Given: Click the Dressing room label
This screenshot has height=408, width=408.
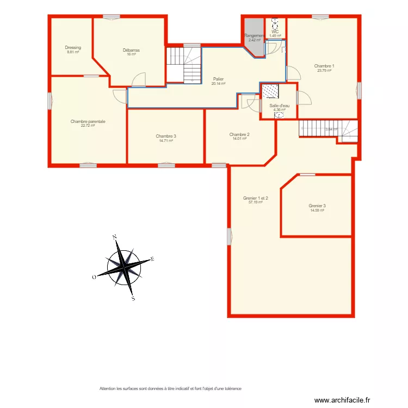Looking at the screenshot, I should point(73,48).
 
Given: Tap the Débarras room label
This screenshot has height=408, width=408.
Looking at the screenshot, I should point(131,50).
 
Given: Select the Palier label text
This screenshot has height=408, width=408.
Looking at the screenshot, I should point(218,79).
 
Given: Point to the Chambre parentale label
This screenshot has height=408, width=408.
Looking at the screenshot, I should point(88,121).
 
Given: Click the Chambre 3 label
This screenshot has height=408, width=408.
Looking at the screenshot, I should point(166,136).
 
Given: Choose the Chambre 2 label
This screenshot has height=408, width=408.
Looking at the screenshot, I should point(239,134).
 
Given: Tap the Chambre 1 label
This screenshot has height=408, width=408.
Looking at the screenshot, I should point(324,66).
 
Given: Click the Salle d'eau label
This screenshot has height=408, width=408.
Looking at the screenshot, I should point(280,106).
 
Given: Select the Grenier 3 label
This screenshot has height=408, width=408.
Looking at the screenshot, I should point(317,206).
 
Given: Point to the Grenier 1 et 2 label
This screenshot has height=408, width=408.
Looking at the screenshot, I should point(256,198).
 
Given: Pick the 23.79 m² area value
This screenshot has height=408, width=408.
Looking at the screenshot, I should point(324,70).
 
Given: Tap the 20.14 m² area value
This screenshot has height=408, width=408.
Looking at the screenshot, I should point(218,84).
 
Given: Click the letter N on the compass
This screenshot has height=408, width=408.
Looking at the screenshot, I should point(114,237).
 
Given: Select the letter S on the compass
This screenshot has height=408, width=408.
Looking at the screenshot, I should point(133,298).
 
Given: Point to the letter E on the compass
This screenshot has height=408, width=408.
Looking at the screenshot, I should point(153,259).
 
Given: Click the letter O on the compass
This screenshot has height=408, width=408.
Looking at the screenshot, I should point(94,277).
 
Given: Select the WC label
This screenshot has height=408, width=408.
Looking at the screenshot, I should point(275,32).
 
